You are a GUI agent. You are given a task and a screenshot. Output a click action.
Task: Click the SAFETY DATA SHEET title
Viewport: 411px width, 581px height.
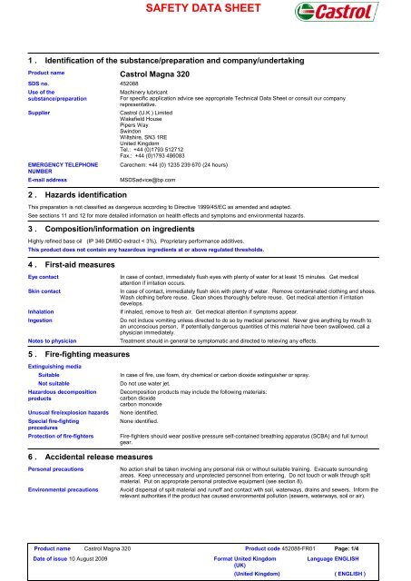[x=204, y=11]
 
